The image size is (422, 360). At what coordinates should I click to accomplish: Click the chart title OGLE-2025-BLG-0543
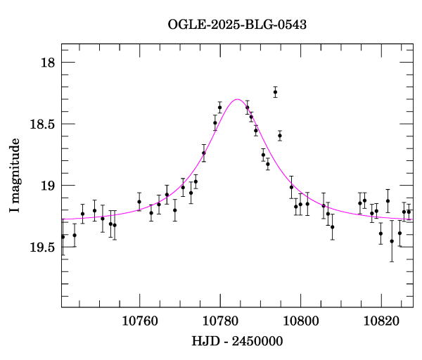tap(237, 25)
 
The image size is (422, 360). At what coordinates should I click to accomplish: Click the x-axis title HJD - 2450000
tap(237, 340)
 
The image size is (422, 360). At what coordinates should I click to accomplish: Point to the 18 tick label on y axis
tap(47, 63)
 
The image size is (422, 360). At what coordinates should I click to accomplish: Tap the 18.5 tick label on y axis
tap(41, 124)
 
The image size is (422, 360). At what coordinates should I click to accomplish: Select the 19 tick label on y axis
tap(47, 186)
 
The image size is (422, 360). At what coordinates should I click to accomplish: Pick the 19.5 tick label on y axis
tap(41, 247)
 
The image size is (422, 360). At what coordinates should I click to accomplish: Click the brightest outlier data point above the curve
tap(275, 92)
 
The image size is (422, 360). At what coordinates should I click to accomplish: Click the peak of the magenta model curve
tap(237, 100)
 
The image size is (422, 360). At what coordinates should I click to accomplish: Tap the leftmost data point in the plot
tap(63, 236)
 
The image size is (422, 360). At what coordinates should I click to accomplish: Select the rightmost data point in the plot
tap(409, 211)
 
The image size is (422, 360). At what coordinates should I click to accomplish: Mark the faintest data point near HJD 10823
tap(392, 241)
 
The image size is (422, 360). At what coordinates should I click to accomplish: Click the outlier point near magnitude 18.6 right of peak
tap(279, 136)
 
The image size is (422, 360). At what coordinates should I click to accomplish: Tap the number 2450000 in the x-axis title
tap(257, 340)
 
